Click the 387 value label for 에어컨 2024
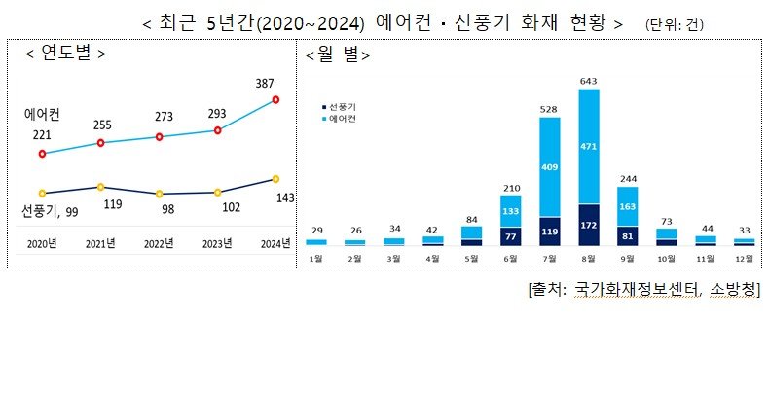[x=275, y=85]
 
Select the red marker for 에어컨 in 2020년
[x=42, y=154]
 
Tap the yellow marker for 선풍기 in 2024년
[x=275, y=179]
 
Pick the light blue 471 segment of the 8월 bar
[x=589, y=147]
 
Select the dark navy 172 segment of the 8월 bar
[x=589, y=225]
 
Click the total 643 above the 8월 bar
[x=589, y=81]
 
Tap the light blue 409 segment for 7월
[x=550, y=166]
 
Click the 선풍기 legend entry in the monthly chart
[x=340, y=105]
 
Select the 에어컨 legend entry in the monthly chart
[x=340, y=117]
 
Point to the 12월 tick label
[x=745, y=258]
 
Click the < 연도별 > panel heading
[x=66, y=53]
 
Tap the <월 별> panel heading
[x=338, y=54]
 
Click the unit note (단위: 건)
[x=675, y=23]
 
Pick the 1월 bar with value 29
[x=316, y=241]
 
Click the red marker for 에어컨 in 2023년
[x=217, y=130]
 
